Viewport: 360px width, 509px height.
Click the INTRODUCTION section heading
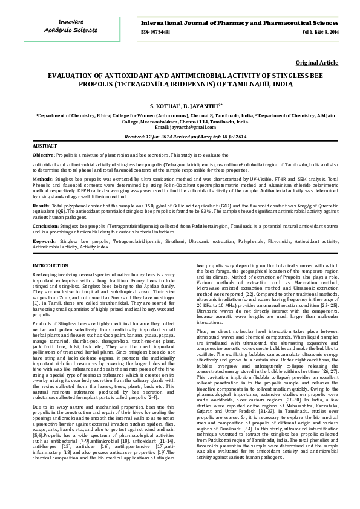click(x=50, y=266)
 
